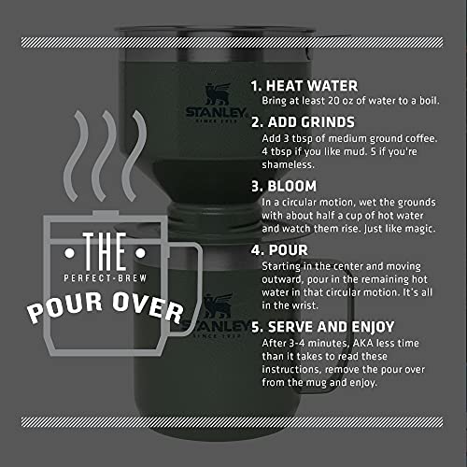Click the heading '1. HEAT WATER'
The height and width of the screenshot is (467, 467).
[x=304, y=83]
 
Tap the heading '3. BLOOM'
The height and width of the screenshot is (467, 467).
[x=285, y=186]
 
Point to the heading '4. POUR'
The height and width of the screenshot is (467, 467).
[x=280, y=250]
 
